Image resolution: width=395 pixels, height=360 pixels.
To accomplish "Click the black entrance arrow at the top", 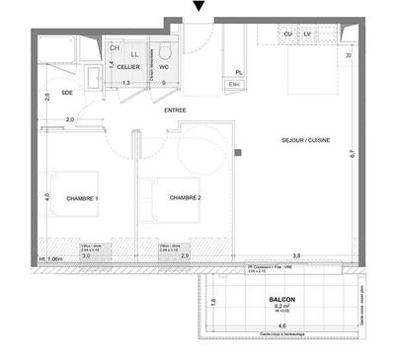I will point(199,8).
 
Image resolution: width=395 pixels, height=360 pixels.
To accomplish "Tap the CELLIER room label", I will point(128,69).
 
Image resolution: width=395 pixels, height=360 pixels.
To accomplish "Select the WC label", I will point(165,68).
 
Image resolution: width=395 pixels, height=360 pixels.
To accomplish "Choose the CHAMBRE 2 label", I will point(185,198).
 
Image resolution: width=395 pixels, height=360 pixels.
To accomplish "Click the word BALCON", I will point(280,299).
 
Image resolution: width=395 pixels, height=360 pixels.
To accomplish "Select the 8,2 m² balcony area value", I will point(280,308).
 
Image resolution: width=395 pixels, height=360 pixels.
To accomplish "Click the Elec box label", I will point(235,84).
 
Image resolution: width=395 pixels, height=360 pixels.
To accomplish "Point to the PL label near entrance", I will point(239,72).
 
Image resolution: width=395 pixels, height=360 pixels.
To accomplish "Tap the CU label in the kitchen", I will point(287,34).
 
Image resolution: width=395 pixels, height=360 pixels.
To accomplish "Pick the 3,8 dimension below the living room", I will point(297,254).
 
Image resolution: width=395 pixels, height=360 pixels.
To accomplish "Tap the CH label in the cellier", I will point(116,46).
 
